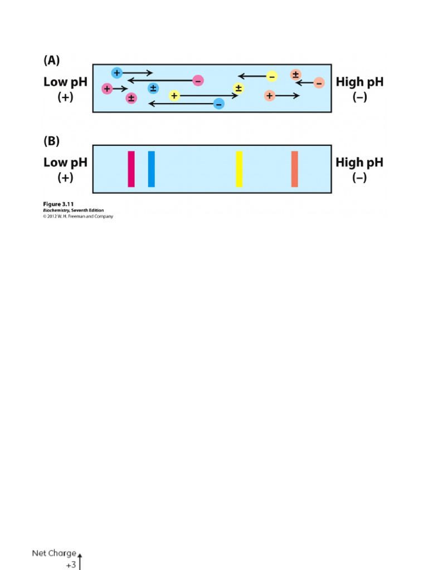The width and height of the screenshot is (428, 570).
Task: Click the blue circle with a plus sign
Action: click(x=116, y=73)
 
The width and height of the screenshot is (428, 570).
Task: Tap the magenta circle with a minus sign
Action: click(x=198, y=81)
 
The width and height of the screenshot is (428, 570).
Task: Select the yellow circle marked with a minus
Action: click(x=271, y=76)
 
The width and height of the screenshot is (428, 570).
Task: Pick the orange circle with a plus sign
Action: click(x=270, y=96)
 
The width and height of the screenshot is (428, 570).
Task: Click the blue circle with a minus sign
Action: click(x=219, y=104)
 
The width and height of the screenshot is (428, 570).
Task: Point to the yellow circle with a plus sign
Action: click(x=174, y=96)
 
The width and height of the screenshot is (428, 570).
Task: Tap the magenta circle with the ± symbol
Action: click(x=131, y=99)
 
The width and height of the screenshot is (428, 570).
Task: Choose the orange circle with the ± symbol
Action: click(x=296, y=75)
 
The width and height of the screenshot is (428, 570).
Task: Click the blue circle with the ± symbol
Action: click(x=153, y=88)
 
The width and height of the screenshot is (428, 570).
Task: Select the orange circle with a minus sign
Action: click(x=319, y=83)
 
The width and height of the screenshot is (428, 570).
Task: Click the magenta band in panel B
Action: click(x=131, y=169)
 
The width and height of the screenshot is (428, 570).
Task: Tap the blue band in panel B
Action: click(x=151, y=169)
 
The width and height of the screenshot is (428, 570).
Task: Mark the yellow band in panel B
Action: click(x=239, y=169)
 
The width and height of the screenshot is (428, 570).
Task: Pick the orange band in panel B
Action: click(x=294, y=169)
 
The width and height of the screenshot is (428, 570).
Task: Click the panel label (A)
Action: click(x=51, y=61)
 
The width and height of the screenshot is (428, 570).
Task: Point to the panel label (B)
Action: click(x=51, y=141)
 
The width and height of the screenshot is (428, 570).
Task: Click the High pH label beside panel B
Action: click(x=359, y=163)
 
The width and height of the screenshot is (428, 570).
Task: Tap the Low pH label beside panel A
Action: click(x=65, y=82)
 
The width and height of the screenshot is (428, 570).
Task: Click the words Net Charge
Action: click(x=53, y=553)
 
